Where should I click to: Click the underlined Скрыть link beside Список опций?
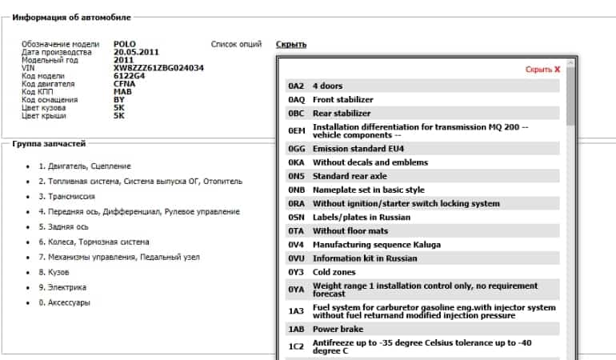(290, 45)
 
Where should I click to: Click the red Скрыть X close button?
(542, 70)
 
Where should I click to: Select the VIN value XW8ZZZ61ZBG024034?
(158, 68)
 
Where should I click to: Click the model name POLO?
(125, 44)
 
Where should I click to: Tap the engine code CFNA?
(126, 84)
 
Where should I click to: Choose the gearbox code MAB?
(123, 92)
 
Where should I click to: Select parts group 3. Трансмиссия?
(69, 196)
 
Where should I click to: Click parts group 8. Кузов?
(54, 272)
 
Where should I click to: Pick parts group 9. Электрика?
(62, 287)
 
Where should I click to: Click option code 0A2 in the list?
(296, 86)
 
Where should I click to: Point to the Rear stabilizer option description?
(342, 114)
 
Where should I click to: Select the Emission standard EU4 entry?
(358, 149)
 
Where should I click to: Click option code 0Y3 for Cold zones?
(296, 272)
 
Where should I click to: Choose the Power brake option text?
(338, 329)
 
